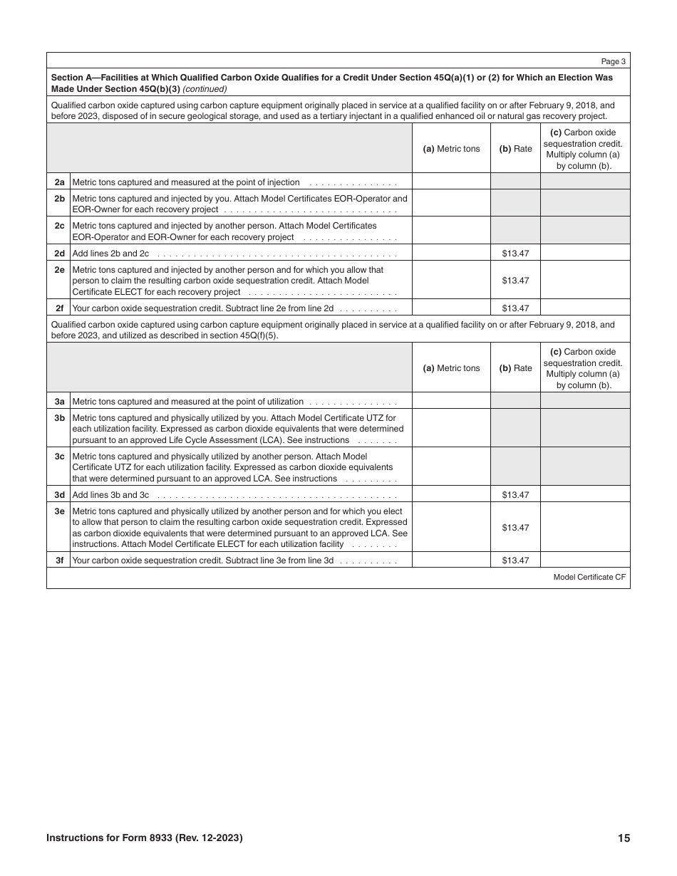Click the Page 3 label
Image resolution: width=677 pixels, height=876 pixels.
614,62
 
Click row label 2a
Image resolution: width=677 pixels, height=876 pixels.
60,182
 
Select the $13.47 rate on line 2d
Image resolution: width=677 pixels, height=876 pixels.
515,253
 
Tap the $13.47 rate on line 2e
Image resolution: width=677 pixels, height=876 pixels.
515,281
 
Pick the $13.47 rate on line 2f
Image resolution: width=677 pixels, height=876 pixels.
515,308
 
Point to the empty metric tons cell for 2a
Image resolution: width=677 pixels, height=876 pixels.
451,182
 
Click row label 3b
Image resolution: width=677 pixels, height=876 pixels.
60,418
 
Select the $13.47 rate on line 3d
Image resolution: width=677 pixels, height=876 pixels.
515,495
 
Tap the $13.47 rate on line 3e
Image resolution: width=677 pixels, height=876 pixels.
515,528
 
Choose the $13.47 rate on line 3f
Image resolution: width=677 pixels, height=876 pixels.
515,560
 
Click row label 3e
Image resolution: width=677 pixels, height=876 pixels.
60,511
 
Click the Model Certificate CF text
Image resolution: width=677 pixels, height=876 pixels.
589,578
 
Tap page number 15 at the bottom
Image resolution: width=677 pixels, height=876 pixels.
624,838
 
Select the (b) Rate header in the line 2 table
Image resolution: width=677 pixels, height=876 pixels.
515,149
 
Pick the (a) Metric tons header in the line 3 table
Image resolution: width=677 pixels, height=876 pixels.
451,368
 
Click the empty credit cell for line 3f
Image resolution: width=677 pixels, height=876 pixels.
585,560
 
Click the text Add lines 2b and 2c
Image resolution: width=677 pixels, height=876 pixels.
111,254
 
